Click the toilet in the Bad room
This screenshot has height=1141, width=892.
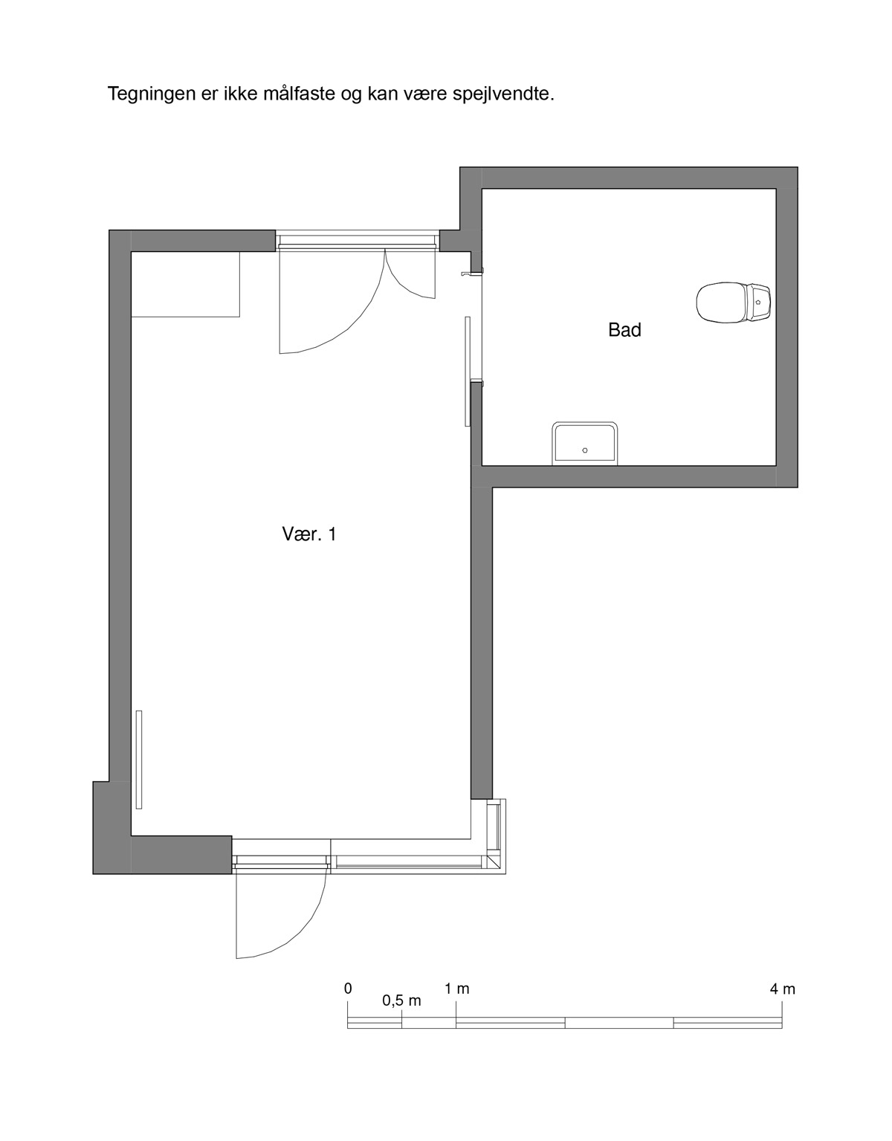734,303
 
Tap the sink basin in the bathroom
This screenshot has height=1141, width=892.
585,442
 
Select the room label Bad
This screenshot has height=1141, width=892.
624,330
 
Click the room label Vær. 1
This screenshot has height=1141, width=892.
309,534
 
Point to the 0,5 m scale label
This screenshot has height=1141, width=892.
401,1001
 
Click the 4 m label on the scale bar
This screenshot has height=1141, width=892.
782,989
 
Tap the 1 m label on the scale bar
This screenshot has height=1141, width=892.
456,989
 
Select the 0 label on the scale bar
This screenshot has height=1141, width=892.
348,989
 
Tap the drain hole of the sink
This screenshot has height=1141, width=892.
585,450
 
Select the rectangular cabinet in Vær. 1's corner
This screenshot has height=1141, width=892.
185,285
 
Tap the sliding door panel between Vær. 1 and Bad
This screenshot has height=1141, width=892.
467,371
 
